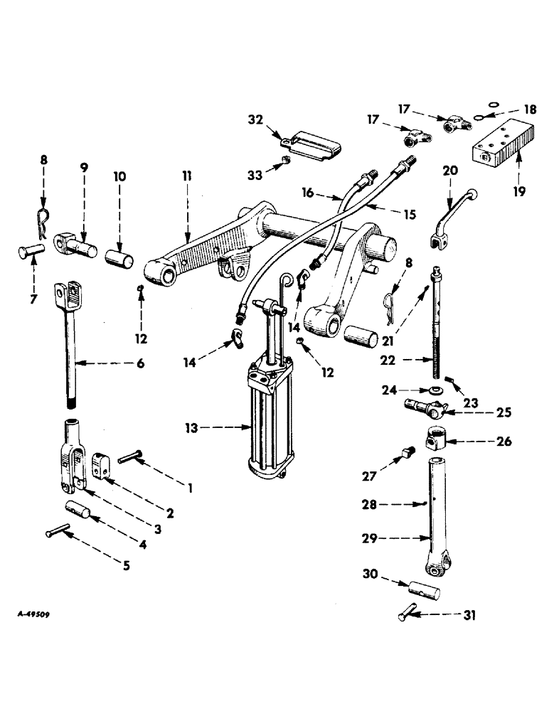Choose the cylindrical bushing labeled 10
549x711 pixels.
click(x=119, y=255)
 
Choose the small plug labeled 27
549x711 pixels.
click(x=408, y=451)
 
